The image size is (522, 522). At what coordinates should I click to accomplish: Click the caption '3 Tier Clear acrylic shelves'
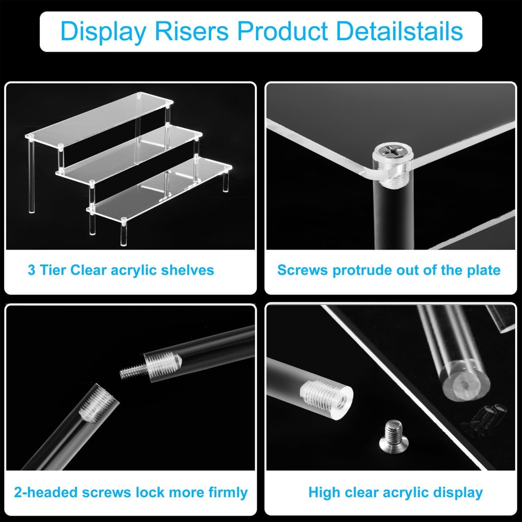[121, 270]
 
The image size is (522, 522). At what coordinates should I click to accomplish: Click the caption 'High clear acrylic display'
[395, 492]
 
